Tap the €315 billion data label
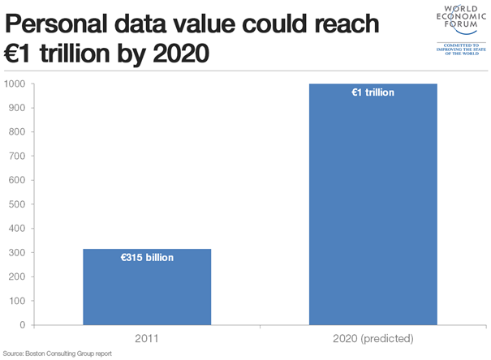click(x=148, y=258)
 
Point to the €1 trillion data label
click(x=373, y=92)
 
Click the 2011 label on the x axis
click(x=148, y=337)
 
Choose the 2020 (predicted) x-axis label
click(x=373, y=337)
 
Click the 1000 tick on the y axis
click(x=16, y=84)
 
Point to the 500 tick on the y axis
click(x=18, y=204)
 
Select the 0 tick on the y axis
click(x=24, y=325)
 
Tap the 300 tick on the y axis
click(x=18, y=253)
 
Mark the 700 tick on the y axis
click(x=18, y=156)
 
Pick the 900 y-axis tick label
click(x=18, y=108)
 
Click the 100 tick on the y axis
click(x=18, y=301)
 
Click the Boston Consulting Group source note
click(x=57, y=354)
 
